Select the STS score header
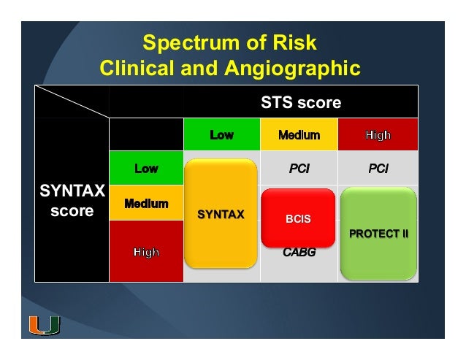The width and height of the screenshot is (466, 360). (301, 103)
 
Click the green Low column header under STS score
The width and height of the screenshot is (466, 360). (221, 135)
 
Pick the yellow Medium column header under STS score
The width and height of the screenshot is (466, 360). (299, 135)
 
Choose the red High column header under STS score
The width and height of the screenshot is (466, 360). (378, 135)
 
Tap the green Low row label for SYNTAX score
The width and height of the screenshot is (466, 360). (146, 169)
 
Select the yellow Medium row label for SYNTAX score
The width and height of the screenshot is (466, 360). (146, 203)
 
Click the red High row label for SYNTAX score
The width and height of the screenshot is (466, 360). (146, 252)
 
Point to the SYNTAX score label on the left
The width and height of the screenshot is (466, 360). (72, 202)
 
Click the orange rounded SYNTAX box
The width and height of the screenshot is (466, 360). (221, 214)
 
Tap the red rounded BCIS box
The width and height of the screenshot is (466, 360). (298, 217)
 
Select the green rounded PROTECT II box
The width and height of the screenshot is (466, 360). (378, 234)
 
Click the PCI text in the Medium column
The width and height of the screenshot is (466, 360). (299, 169)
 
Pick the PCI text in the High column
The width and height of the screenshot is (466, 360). (378, 169)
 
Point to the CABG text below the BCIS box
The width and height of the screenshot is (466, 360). (298, 253)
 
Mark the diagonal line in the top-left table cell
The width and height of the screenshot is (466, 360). (72, 102)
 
